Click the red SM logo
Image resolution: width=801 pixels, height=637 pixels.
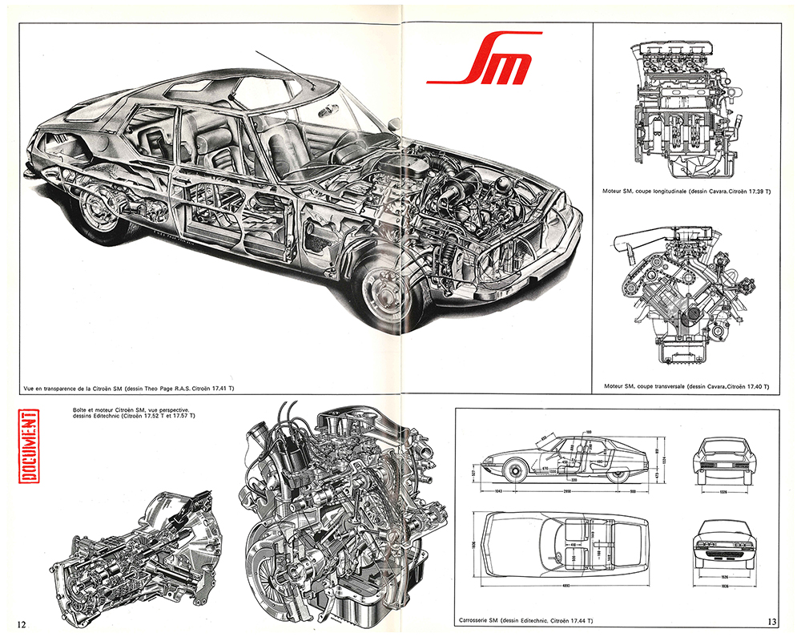point(478,64)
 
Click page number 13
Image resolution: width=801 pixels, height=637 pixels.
point(772,622)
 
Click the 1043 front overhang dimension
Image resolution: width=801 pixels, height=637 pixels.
point(501,490)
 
